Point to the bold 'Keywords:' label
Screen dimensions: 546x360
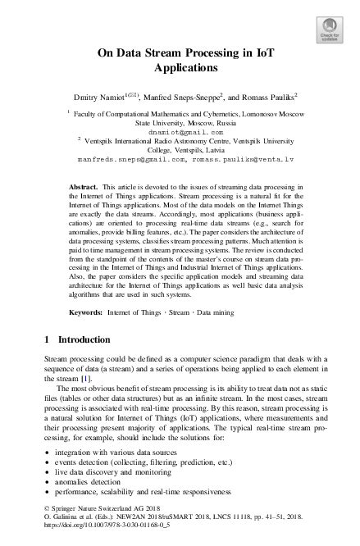coord(87,289)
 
